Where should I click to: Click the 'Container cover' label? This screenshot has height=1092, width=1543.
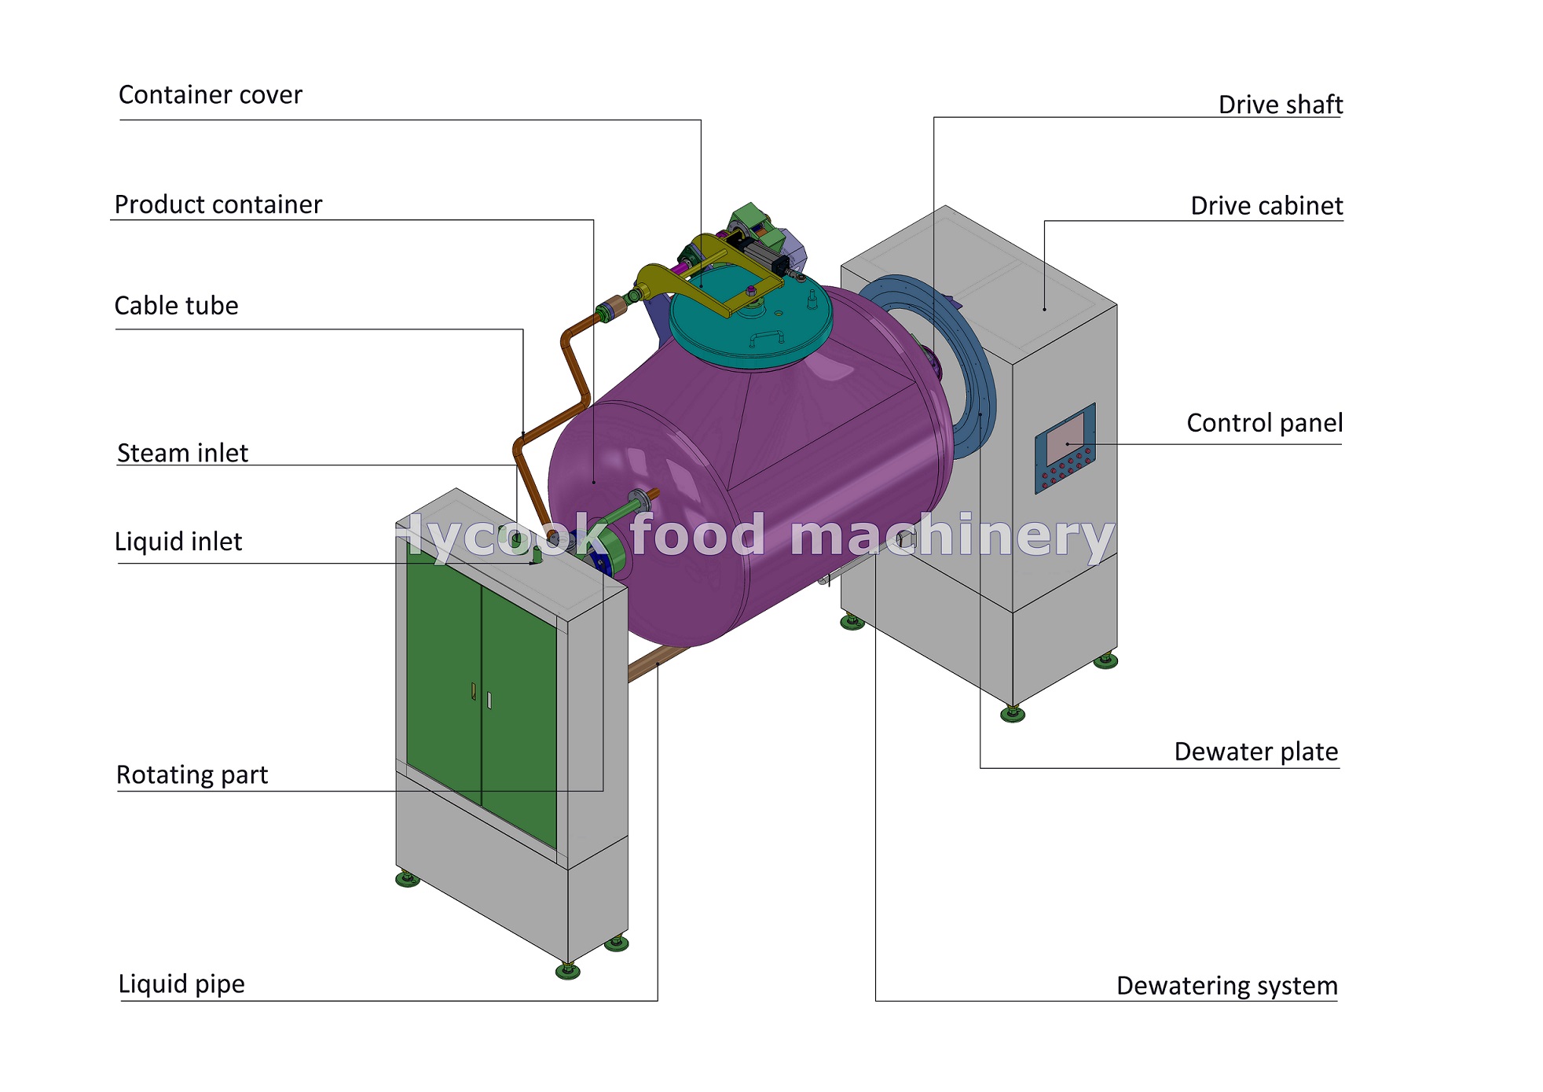pos(210,95)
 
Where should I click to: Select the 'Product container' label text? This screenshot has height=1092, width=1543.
pos(218,204)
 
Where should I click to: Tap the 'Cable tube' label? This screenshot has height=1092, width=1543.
pos(176,306)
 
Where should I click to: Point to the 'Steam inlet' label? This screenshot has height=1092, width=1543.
pos(182,453)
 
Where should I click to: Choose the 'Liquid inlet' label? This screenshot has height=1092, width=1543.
pos(178,542)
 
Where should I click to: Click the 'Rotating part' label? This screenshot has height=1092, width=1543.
pos(192,775)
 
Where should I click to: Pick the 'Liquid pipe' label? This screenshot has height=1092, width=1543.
pos(181,984)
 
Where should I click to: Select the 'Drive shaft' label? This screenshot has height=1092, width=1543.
pos(1280,105)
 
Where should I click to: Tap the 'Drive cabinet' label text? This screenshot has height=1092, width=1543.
pos(1266,206)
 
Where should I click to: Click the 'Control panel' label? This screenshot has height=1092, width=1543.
pos(1264,423)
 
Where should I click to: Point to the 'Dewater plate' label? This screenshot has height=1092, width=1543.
pos(1255,752)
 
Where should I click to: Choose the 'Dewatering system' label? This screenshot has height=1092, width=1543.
pos(1226,986)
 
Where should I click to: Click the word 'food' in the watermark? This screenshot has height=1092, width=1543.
pos(697,535)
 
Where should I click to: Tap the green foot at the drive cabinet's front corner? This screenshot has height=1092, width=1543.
pos(1012,714)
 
